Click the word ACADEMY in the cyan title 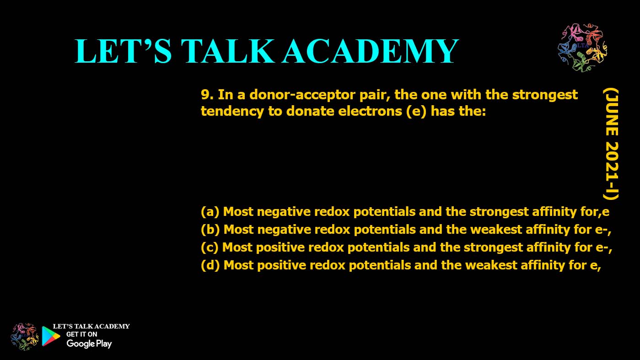coord(370,51)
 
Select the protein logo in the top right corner coord(582,48)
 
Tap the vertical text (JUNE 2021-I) coord(610,144)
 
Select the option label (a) coord(210,212)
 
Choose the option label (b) coord(210,230)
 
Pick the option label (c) coord(210,247)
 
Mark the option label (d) coord(210,265)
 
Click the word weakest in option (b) coord(497,230)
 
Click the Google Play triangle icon coord(51,336)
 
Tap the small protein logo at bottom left coord(25,336)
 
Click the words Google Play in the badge coord(89,344)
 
